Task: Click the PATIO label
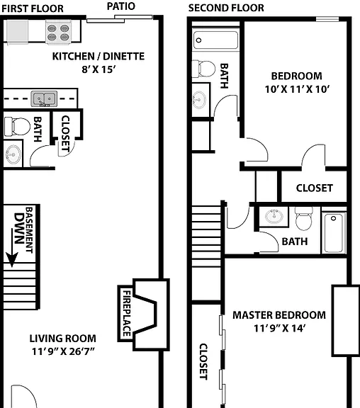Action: pyautogui.click(x=121, y=6)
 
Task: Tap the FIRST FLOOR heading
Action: pyautogui.click(x=33, y=8)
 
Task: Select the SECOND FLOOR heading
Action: pyautogui.click(x=226, y=8)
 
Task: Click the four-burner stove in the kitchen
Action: pyautogui.click(x=58, y=33)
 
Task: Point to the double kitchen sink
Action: pyautogui.click(x=44, y=99)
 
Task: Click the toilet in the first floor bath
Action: pyautogui.click(x=17, y=127)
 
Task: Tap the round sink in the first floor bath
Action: pyautogui.click(x=13, y=154)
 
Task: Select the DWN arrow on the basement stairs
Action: pyautogui.click(x=12, y=248)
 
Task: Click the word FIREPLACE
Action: pyautogui.click(x=127, y=313)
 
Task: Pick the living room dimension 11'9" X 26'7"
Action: pyautogui.click(x=63, y=351)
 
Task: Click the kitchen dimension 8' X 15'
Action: pyautogui.click(x=99, y=69)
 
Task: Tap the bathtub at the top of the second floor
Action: pyautogui.click(x=216, y=40)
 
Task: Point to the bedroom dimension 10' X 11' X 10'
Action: pyautogui.click(x=297, y=89)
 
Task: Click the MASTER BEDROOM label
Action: pyautogui.click(x=279, y=315)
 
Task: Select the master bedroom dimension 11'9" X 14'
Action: pyautogui.click(x=279, y=328)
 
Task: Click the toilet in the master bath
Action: pyautogui.click(x=304, y=219)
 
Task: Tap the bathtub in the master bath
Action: pyautogui.click(x=334, y=233)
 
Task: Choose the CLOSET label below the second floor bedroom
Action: pyautogui.click(x=315, y=188)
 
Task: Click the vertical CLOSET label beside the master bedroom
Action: pyautogui.click(x=203, y=362)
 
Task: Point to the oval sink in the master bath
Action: pyautogui.click(x=274, y=216)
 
